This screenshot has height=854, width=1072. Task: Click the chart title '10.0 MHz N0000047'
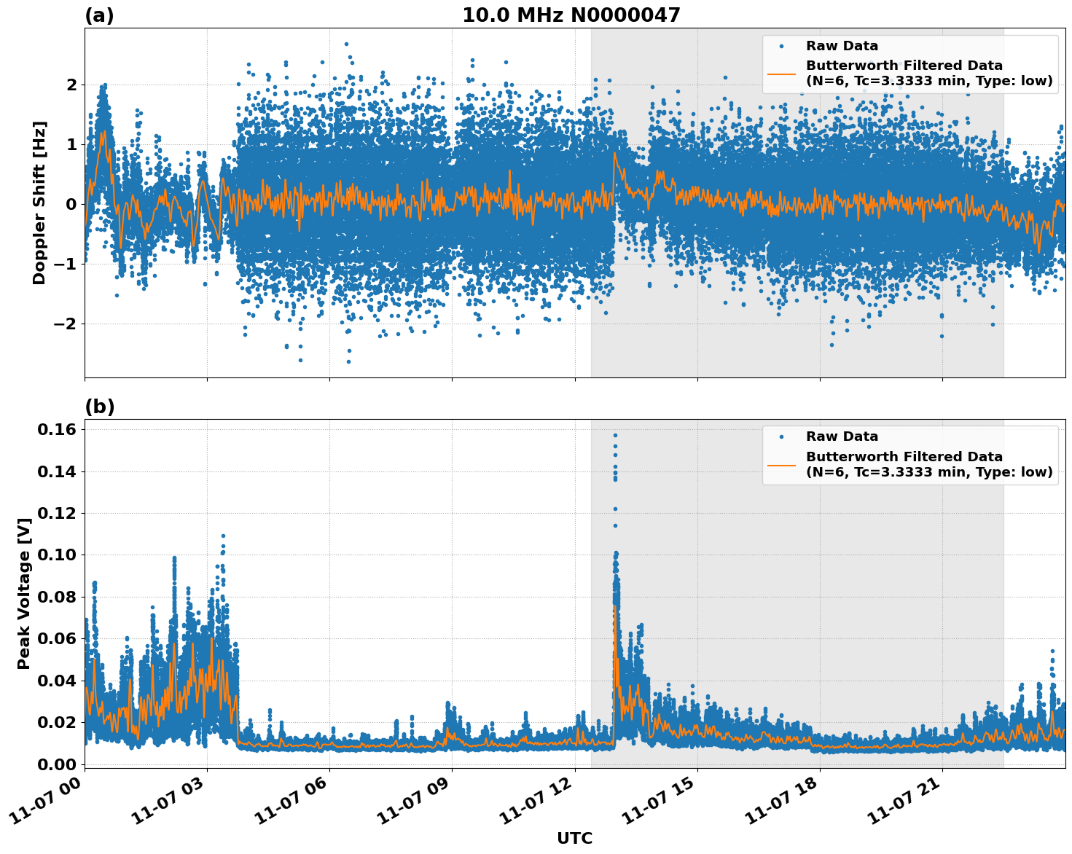tap(571, 15)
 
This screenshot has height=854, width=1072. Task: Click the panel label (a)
tap(99, 15)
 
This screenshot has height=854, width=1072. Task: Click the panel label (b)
tap(99, 407)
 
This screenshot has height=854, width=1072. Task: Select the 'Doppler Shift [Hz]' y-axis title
tap(39, 203)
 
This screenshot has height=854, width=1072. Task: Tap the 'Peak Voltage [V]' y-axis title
tap(24, 593)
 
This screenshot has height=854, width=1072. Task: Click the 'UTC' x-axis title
tap(574, 838)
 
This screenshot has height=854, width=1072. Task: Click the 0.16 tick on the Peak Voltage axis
tap(56, 430)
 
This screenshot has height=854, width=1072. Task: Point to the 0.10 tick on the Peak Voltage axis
tap(56, 555)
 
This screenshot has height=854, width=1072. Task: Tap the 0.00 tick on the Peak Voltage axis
tap(56, 764)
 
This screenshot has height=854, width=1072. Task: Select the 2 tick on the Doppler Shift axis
tap(71, 85)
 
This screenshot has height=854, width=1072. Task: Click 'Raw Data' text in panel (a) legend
tap(842, 46)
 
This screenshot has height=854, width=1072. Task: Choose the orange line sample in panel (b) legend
tap(781, 464)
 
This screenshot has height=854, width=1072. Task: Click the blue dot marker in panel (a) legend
tap(781, 46)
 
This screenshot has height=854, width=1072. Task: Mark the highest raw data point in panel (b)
tap(615, 435)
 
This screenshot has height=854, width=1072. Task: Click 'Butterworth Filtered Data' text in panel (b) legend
tap(904, 457)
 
